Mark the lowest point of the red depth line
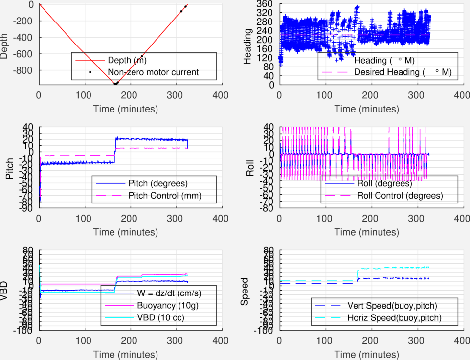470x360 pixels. point(115,84)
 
